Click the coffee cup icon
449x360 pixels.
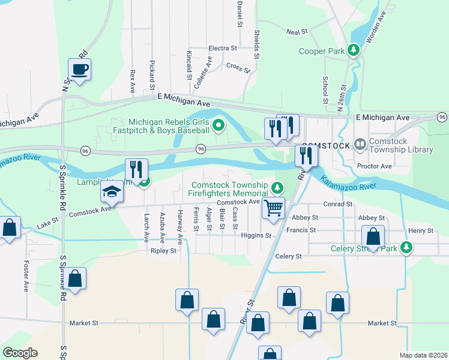[x=80, y=70]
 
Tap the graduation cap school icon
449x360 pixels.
[x=112, y=193]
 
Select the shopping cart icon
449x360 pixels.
[x=273, y=208]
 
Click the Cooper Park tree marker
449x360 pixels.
[x=354, y=50]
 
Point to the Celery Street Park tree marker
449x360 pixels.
[x=407, y=247]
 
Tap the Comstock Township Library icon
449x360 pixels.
[x=360, y=144]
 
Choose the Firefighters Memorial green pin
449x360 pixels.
[x=277, y=188]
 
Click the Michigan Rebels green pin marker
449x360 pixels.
[x=219, y=125]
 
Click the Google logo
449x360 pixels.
[x=20, y=353]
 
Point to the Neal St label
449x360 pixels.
[x=297, y=31]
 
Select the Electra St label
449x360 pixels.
[x=223, y=48]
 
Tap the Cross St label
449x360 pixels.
[x=238, y=67]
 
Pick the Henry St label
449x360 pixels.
[x=421, y=230]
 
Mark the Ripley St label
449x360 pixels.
[x=163, y=251]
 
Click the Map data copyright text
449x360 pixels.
[x=423, y=355]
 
